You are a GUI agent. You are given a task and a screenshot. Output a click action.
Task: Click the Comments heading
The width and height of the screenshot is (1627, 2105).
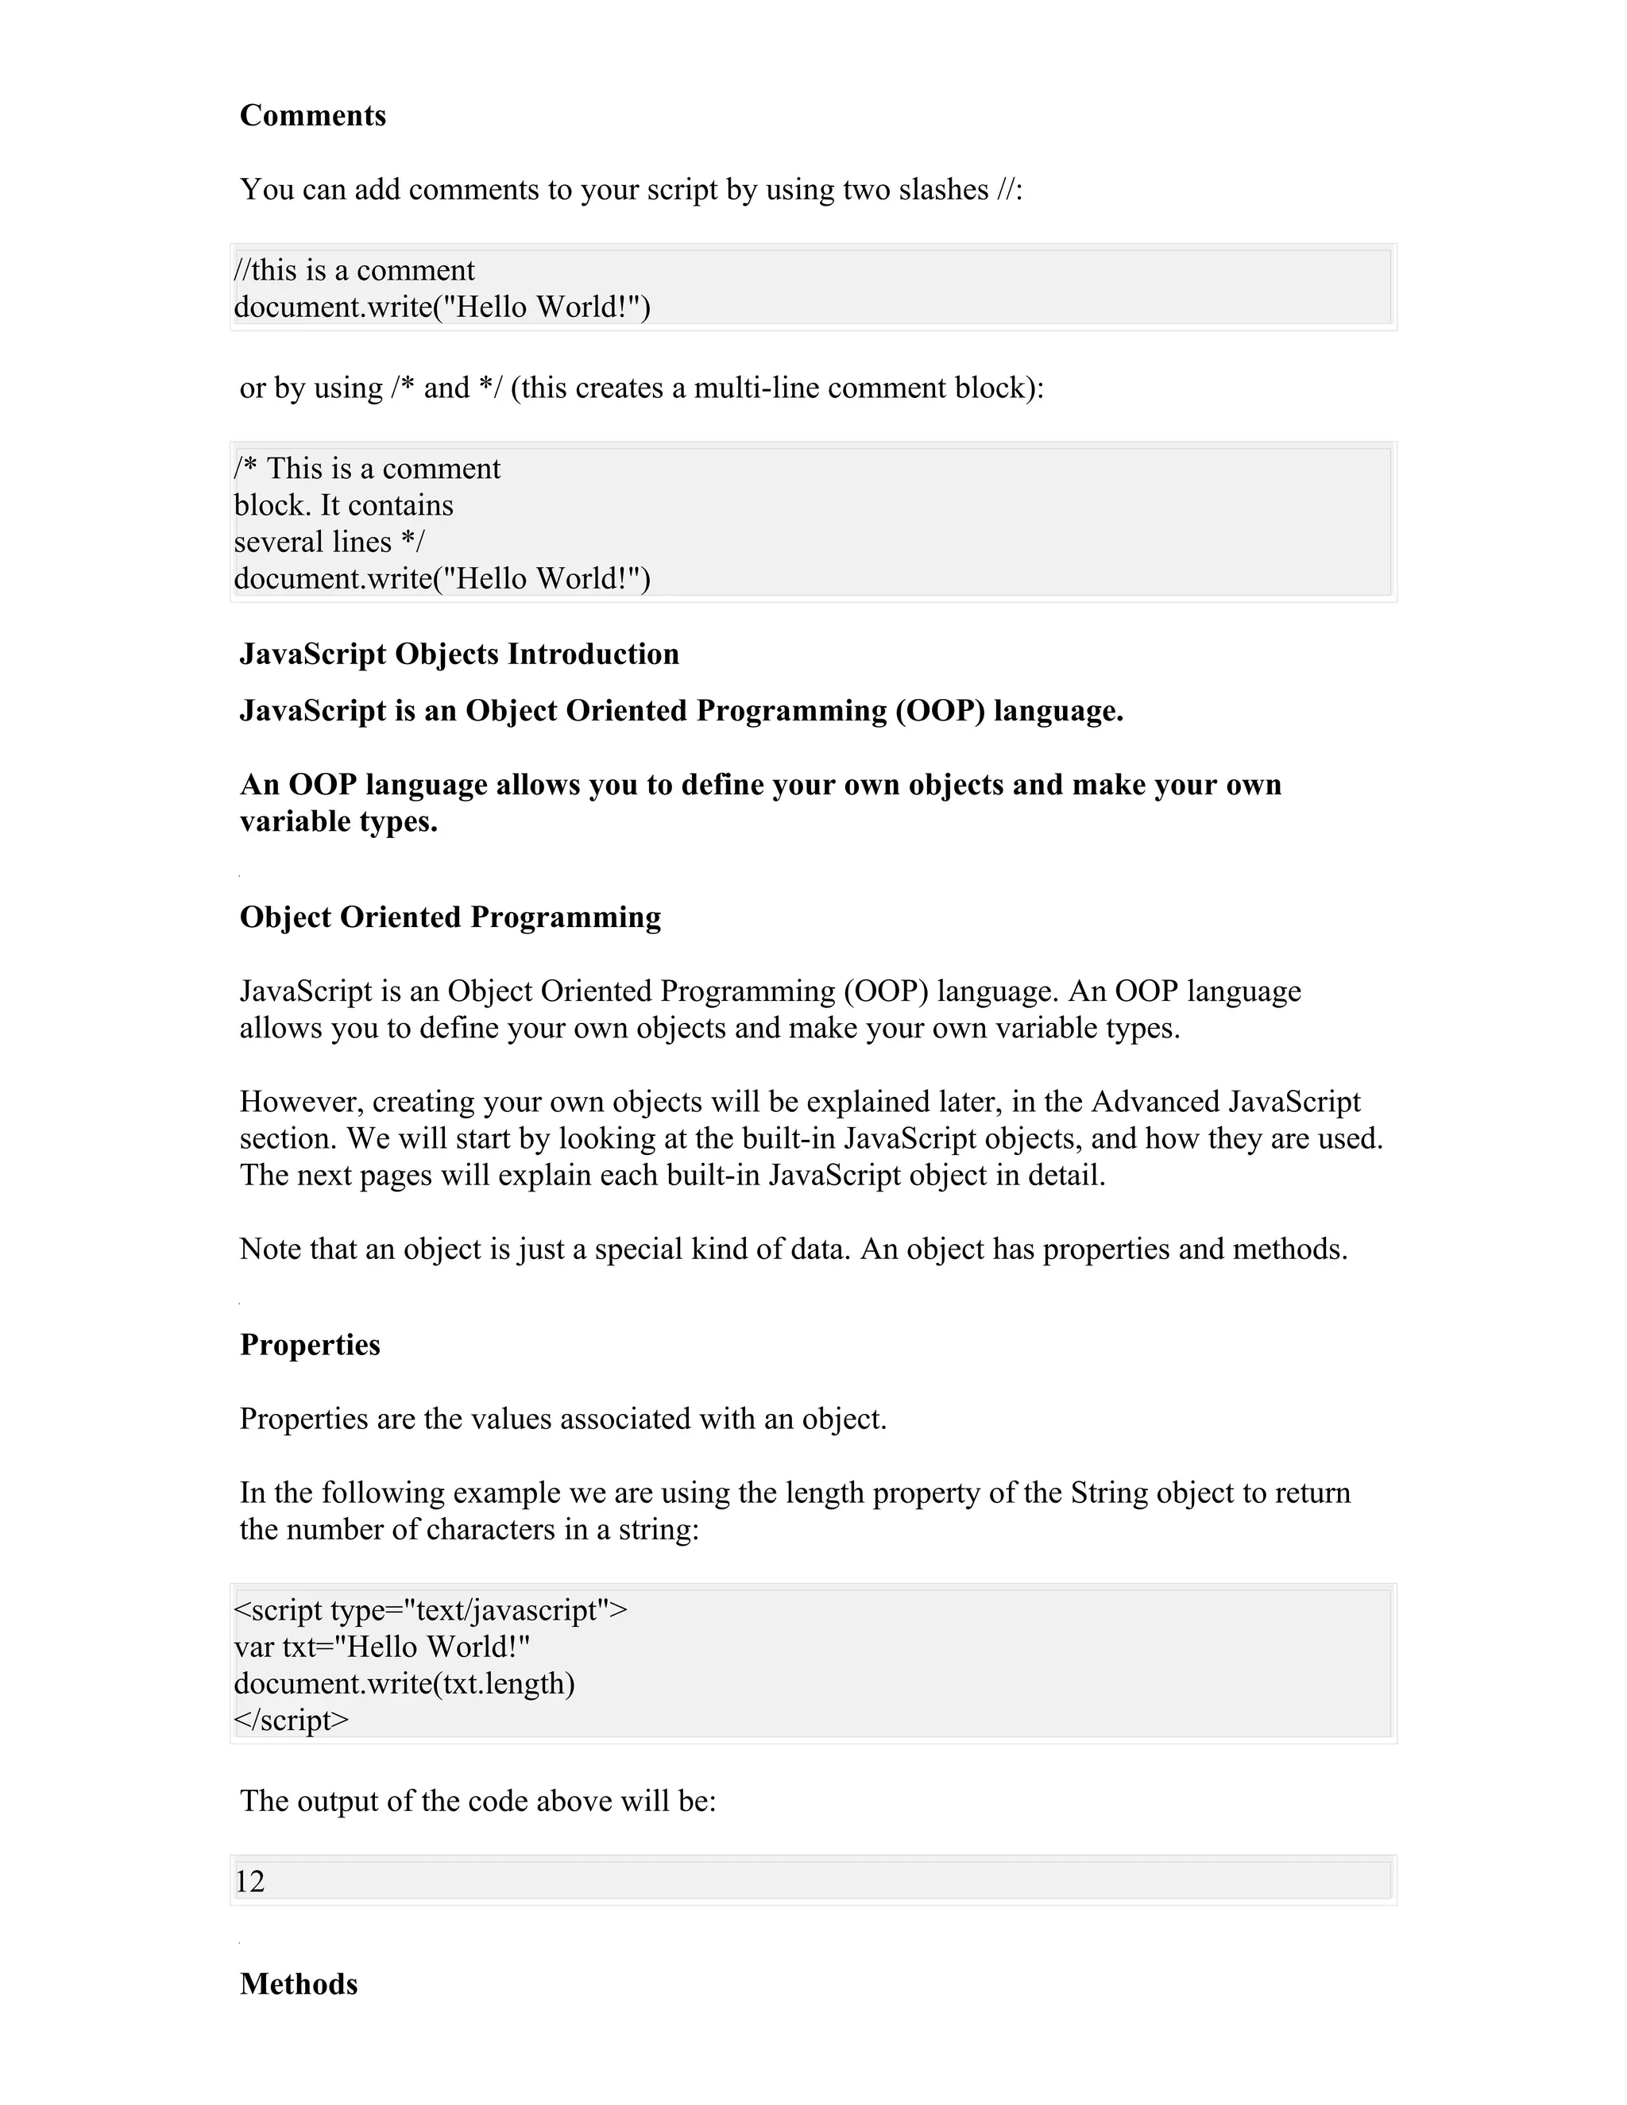click(312, 116)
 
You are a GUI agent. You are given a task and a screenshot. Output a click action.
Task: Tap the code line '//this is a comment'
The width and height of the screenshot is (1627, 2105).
click(354, 271)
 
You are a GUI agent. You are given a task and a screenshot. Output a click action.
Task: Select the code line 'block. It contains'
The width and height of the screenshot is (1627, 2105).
click(343, 506)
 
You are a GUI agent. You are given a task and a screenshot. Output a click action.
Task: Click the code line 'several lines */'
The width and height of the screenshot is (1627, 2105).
click(329, 543)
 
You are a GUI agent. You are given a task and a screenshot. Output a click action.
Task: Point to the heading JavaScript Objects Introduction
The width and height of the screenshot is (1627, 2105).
click(459, 655)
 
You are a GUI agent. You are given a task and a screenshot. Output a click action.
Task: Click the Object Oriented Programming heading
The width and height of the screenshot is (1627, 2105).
click(450, 917)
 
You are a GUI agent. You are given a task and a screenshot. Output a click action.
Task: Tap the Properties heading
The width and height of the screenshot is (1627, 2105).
click(309, 1346)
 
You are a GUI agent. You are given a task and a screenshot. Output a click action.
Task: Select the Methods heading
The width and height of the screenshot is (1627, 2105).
click(298, 1984)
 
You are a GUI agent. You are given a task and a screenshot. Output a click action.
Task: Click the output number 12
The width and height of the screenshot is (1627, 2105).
click(249, 1883)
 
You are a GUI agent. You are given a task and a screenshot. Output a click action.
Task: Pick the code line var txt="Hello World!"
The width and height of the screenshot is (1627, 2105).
click(381, 1647)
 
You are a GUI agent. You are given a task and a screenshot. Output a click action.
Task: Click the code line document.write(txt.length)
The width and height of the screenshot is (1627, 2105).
click(404, 1684)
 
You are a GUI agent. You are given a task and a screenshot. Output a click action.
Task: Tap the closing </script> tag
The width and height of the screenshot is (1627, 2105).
click(291, 1721)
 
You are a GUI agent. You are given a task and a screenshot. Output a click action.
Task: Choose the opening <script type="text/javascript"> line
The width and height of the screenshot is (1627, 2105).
click(430, 1611)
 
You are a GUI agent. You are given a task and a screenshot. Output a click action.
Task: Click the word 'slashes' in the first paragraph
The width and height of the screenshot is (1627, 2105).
click(944, 190)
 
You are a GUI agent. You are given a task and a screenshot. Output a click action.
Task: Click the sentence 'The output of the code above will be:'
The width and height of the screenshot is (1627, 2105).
click(477, 1802)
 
